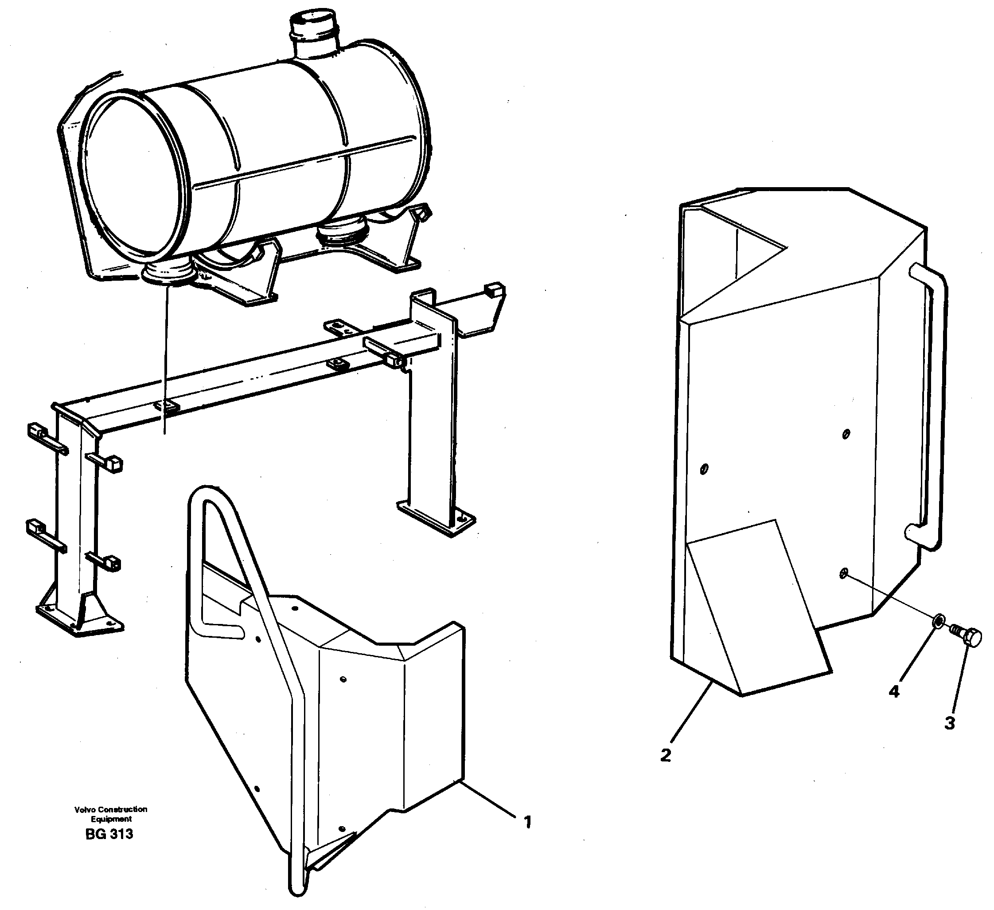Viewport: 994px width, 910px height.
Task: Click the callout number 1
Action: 527,822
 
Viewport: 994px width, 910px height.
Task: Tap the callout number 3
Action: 950,723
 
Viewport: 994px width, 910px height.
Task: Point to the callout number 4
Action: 894,691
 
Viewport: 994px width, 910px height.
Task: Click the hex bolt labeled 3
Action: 966,637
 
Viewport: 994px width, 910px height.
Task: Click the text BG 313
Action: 109,834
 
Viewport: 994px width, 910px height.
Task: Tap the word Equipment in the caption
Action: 111,819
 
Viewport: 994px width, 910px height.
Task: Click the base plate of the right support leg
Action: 436,519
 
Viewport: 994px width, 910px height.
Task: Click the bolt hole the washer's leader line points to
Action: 844,573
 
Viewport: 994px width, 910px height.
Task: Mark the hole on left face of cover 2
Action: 704,468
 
